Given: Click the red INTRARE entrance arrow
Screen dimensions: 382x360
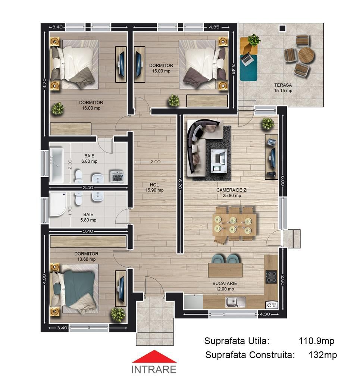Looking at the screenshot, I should [x=154, y=358].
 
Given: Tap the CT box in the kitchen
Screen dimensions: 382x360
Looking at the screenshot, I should [x=272, y=305].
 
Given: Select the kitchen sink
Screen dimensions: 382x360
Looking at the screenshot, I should [x=235, y=301].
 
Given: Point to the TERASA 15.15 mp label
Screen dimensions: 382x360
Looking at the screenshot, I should [x=283, y=88].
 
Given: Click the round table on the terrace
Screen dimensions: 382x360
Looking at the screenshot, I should [x=306, y=55].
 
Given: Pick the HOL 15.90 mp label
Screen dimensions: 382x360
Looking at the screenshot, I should [x=157, y=187].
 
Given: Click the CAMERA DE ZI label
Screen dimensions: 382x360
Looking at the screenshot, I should [x=232, y=192].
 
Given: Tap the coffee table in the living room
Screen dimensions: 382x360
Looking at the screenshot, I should [x=219, y=161].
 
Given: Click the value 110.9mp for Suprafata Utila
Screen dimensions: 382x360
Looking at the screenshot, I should [x=316, y=341].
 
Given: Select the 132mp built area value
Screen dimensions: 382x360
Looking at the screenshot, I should [x=323, y=355].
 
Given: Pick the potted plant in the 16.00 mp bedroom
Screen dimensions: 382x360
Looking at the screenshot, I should [x=58, y=109].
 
